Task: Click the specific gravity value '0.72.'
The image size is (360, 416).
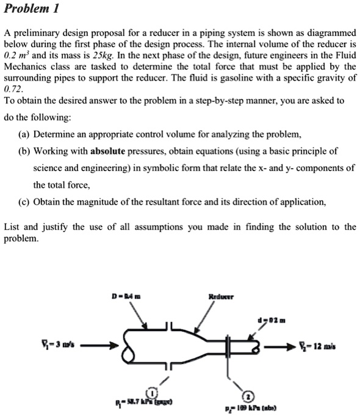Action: [x=14, y=89]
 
